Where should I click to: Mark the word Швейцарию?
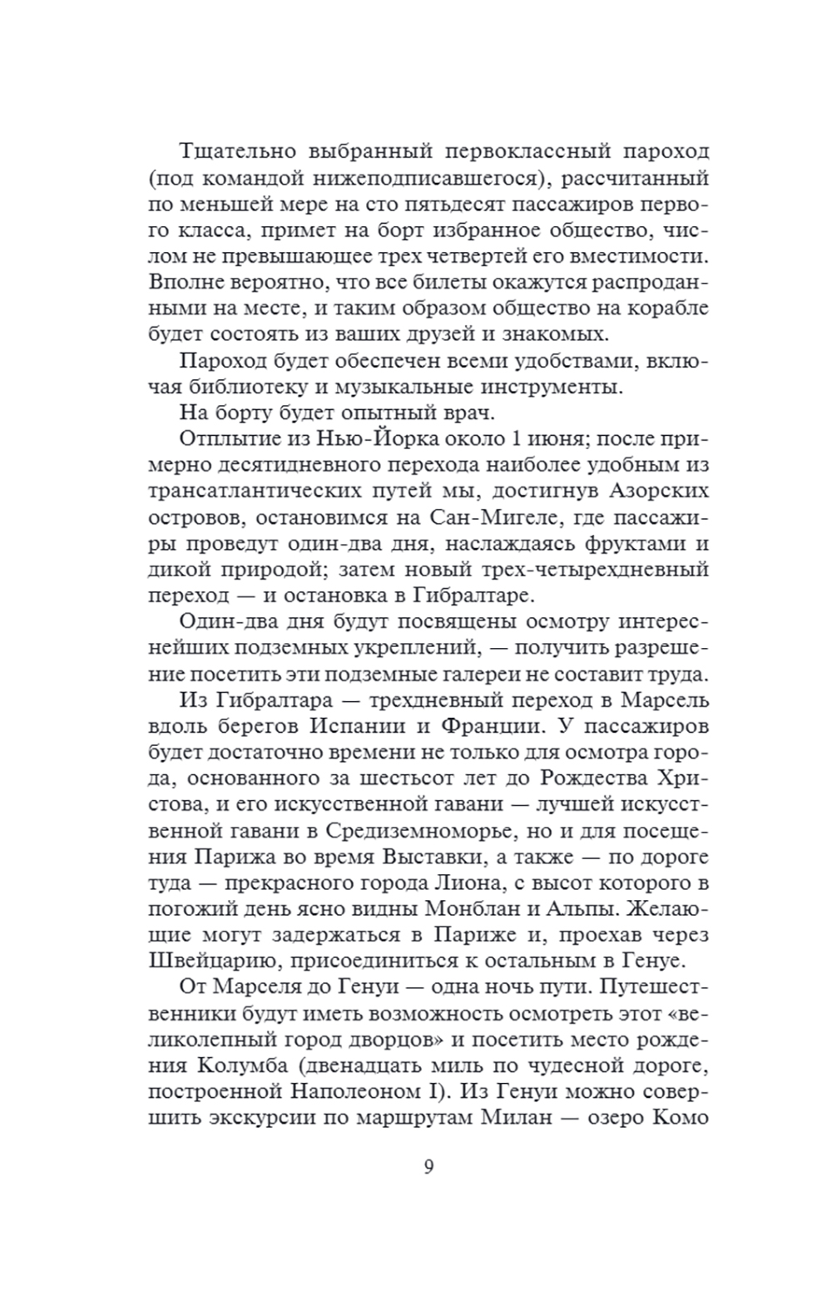pyautogui.click(x=210, y=960)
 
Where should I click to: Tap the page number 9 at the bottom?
pyautogui.click(x=428, y=1167)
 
